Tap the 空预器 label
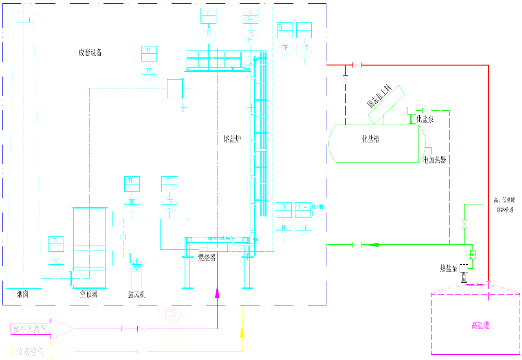coord(88,294)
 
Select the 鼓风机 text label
coord(137,294)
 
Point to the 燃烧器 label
coord(207,257)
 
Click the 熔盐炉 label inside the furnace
coord(232,139)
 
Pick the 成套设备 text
coord(90,53)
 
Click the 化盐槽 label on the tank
coord(371,139)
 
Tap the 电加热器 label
coord(435,160)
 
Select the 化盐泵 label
coord(425,119)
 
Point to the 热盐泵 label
coord(449,268)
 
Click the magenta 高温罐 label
coord(480,325)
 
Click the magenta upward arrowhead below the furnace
coord(217,291)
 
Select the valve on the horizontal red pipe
coord(357,65)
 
